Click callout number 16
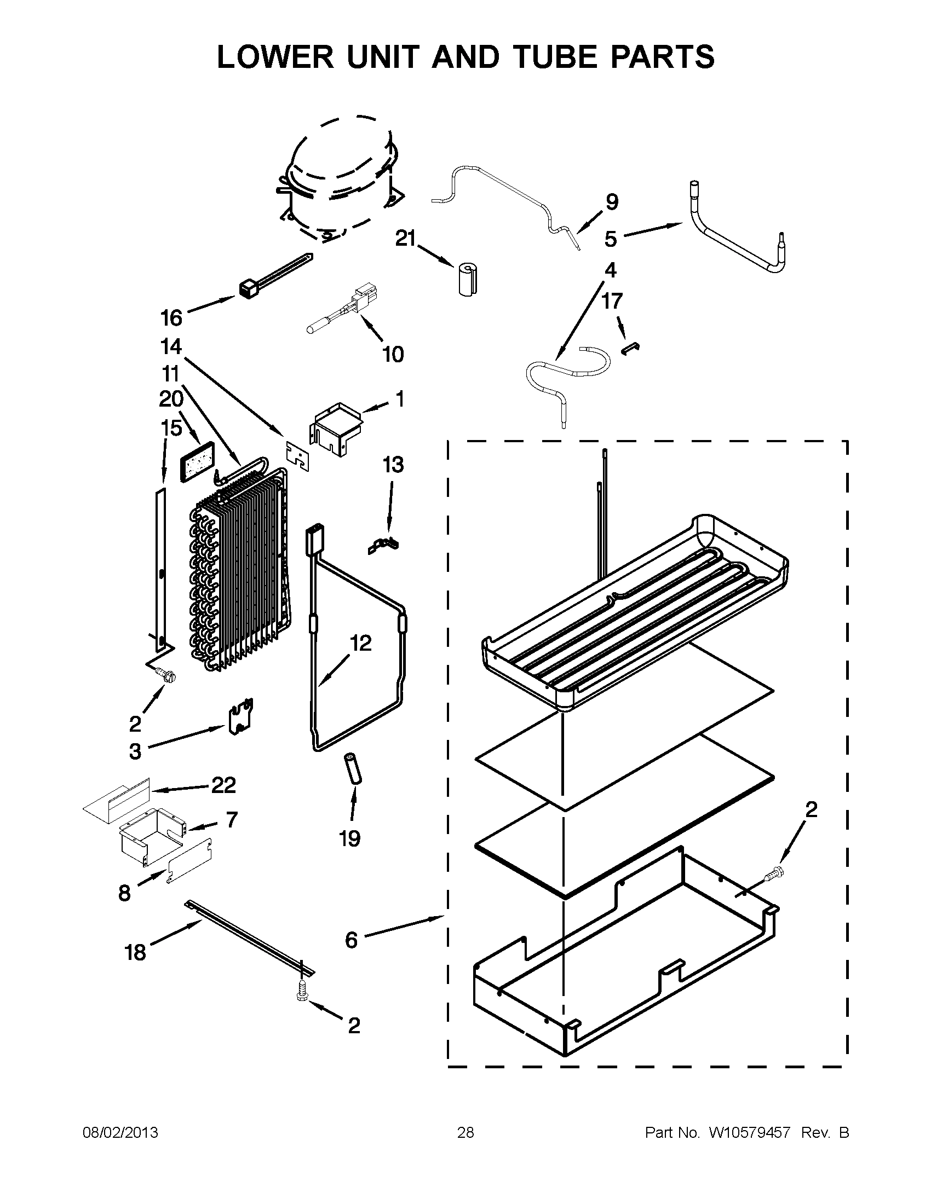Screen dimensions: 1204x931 point(171,318)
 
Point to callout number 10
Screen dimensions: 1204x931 point(393,354)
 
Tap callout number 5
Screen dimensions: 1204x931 point(610,239)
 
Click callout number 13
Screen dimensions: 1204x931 point(393,465)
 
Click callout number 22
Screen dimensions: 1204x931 point(223,785)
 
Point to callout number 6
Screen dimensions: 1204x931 point(352,939)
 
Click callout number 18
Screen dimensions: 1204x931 point(135,952)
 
